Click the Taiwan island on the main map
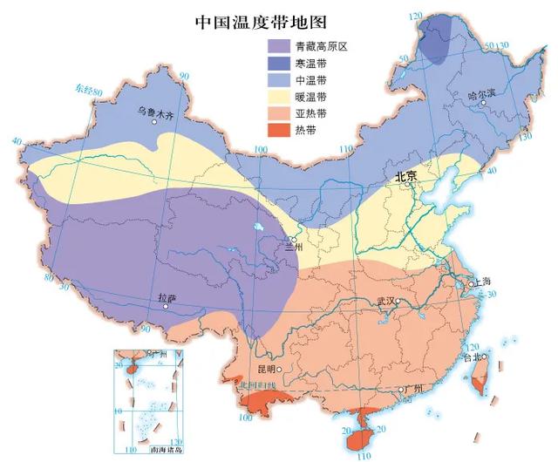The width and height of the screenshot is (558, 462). [x=476, y=376]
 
